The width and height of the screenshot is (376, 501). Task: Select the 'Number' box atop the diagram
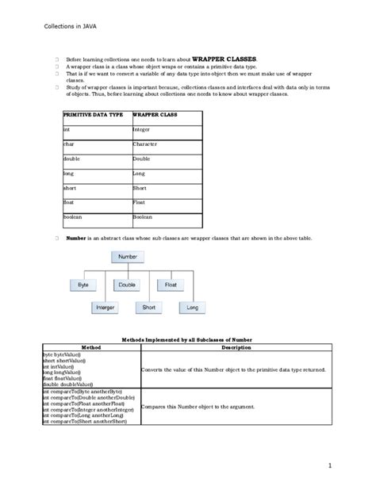click(x=128, y=258)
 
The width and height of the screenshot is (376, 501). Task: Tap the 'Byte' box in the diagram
click(x=83, y=283)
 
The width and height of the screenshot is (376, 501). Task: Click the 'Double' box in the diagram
click(x=127, y=283)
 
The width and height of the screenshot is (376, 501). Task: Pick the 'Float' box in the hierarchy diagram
click(x=171, y=283)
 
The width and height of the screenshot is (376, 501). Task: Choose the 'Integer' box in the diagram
click(x=106, y=307)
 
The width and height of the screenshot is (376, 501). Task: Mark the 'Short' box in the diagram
click(x=149, y=307)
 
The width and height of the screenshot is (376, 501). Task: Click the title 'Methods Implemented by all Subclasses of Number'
click(x=187, y=338)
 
